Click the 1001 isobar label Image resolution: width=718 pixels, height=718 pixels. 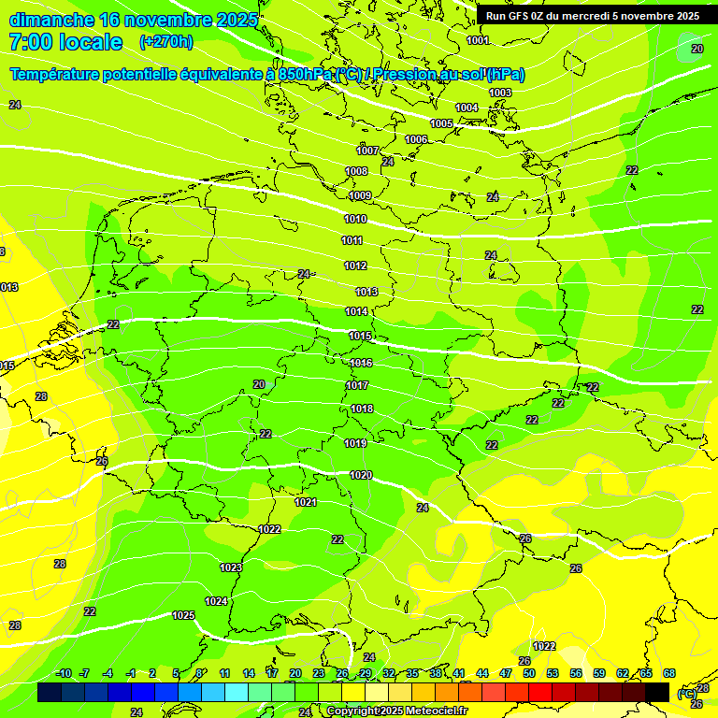point(478,40)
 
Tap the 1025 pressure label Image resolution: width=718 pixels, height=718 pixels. point(183,615)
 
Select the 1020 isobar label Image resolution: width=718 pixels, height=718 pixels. point(361,475)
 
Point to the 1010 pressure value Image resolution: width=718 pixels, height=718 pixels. point(355,219)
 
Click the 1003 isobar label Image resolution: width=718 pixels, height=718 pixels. point(500,93)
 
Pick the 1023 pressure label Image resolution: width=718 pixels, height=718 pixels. point(231,567)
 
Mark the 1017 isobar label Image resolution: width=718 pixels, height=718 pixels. point(357,385)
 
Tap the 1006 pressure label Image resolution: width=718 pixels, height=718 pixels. point(416,139)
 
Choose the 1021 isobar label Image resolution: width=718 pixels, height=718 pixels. point(306,502)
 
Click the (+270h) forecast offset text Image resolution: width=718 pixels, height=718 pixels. point(166,41)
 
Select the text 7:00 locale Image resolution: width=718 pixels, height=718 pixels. point(65,42)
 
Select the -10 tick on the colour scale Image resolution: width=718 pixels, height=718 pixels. point(64,673)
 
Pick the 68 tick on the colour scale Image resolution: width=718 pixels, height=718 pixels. point(669,673)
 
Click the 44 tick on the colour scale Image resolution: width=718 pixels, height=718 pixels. point(481,673)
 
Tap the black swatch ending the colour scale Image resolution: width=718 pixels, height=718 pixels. point(657,692)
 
